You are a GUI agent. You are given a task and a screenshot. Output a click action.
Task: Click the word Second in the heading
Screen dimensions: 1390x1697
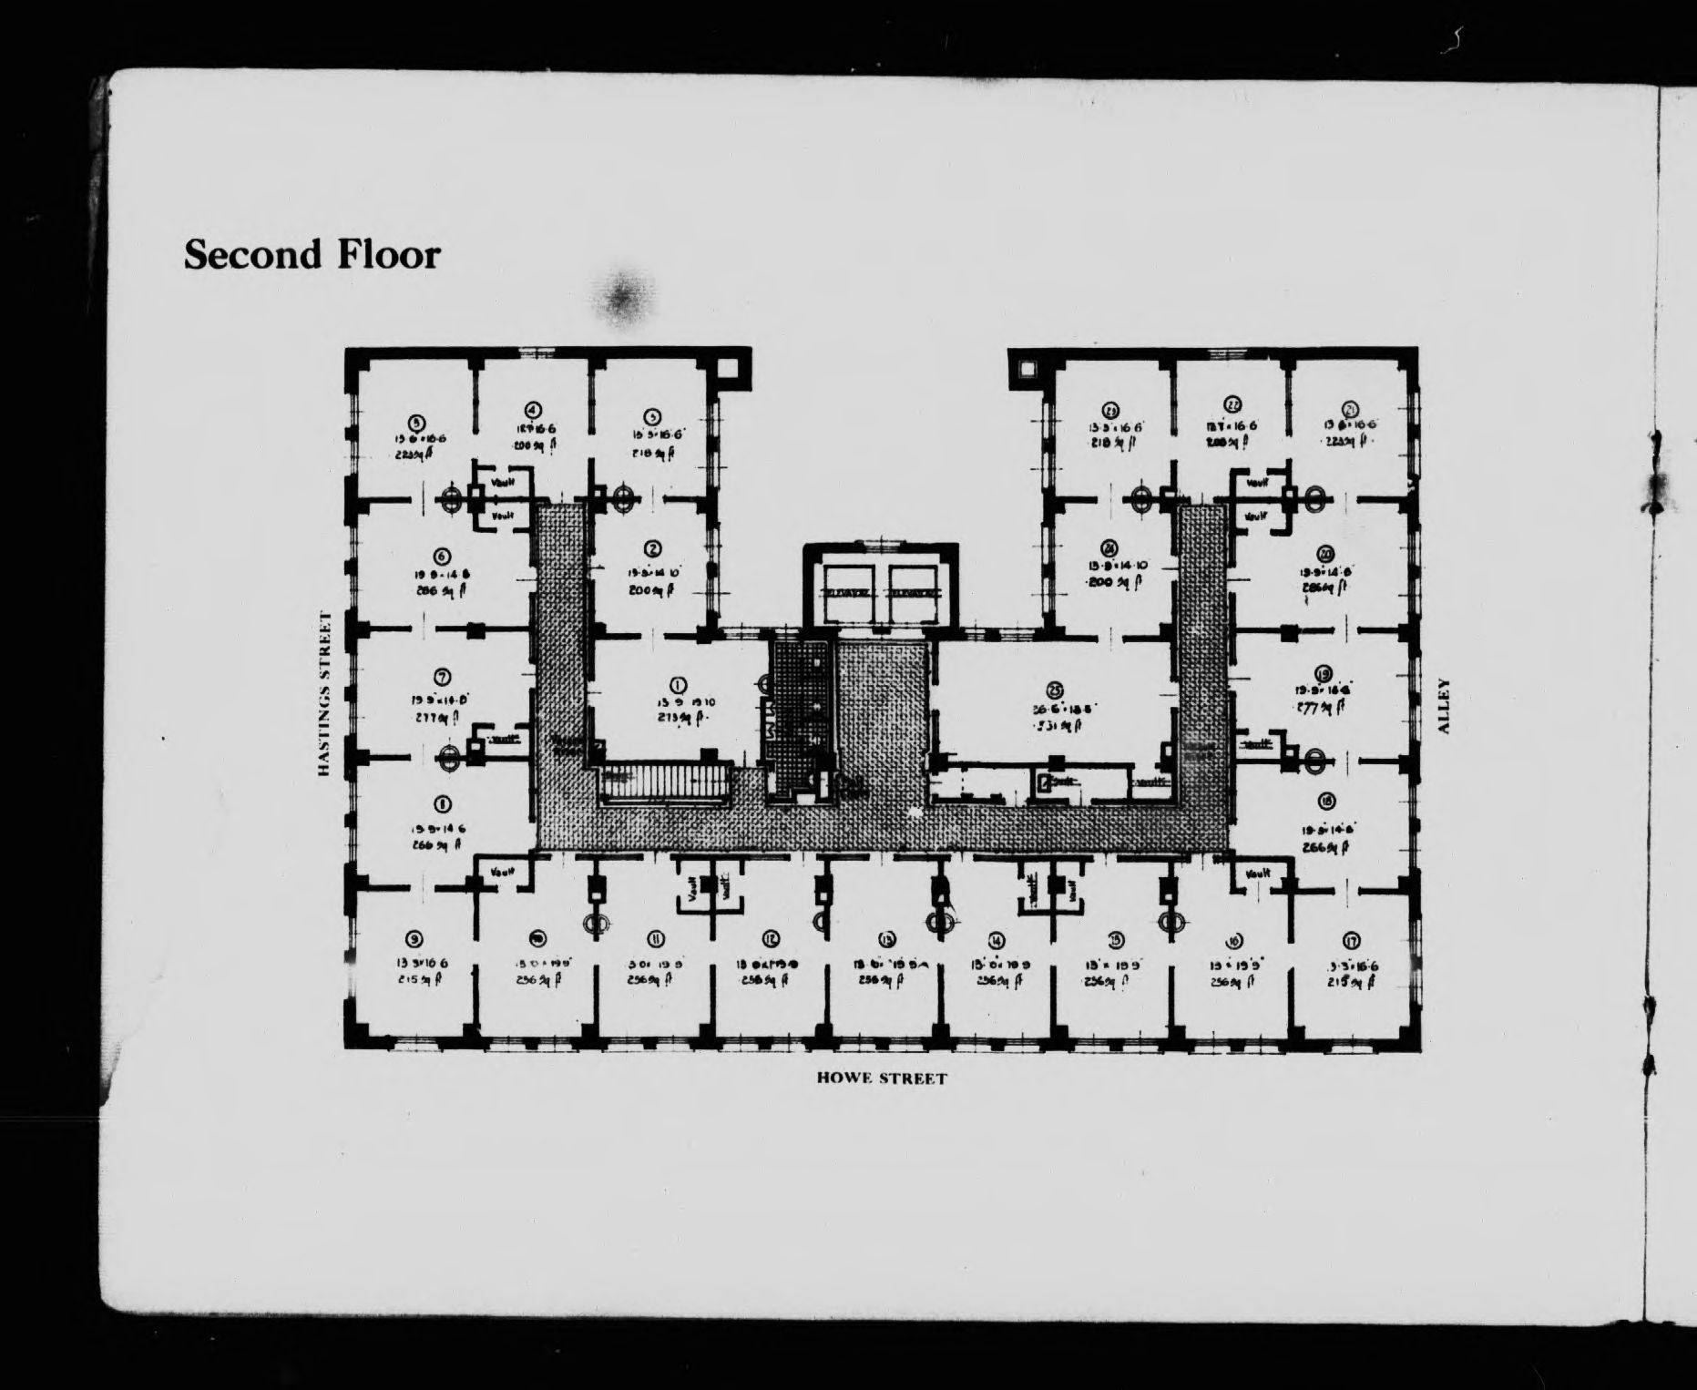[x=252, y=254]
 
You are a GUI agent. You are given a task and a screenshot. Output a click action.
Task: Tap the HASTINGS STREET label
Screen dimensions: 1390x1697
[x=323, y=694]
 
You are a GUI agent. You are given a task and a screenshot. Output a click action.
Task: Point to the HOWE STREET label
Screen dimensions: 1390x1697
[x=882, y=1078]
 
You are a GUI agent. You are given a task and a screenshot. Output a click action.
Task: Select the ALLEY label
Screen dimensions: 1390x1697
[x=1442, y=706]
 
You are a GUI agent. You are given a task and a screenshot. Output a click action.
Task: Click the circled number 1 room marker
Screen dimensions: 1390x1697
[x=678, y=685]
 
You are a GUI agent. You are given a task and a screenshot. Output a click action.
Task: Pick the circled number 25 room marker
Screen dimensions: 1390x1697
[x=1056, y=691]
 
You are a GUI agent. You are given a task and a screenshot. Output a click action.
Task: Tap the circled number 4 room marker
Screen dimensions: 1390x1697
[x=534, y=410]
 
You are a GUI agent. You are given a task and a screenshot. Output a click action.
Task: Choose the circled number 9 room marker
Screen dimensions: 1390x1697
[x=415, y=939]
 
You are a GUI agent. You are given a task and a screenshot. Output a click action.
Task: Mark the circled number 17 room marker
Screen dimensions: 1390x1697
[x=1351, y=940]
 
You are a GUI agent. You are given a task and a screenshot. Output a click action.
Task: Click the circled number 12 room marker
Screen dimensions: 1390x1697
[x=771, y=939]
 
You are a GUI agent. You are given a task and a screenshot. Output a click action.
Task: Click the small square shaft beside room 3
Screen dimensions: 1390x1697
[x=729, y=368]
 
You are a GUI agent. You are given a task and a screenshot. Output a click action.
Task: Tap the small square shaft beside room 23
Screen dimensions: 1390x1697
[x=1027, y=368]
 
